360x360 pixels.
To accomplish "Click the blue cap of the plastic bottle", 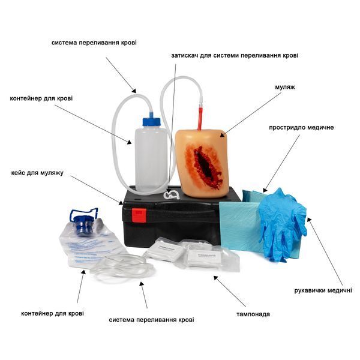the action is click(x=151, y=121).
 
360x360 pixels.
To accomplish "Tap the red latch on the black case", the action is click(x=139, y=215).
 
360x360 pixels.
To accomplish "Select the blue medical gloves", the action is click(x=283, y=224).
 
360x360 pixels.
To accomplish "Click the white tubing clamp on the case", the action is click(x=171, y=194).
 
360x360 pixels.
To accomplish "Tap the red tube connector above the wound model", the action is click(x=200, y=116).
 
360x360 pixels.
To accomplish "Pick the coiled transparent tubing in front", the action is click(x=122, y=268).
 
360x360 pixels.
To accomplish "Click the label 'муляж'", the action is click(x=284, y=87).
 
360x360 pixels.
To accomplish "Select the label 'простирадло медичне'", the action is click(x=301, y=127).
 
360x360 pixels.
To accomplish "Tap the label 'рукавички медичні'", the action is click(x=323, y=290).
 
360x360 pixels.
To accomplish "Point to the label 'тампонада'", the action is click(x=253, y=314).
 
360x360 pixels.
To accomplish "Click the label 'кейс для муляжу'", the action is click(x=37, y=173).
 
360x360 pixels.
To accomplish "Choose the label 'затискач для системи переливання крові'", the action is click(x=235, y=56).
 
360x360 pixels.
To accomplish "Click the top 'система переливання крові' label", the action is click(x=94, y=43).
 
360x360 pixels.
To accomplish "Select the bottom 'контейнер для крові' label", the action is click(x=52, y=313).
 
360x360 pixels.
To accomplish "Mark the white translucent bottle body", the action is click(x=151, y=159).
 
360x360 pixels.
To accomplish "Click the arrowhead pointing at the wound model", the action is click(x=222, y=135).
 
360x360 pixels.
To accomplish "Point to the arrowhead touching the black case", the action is click(x=121, y=203).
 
